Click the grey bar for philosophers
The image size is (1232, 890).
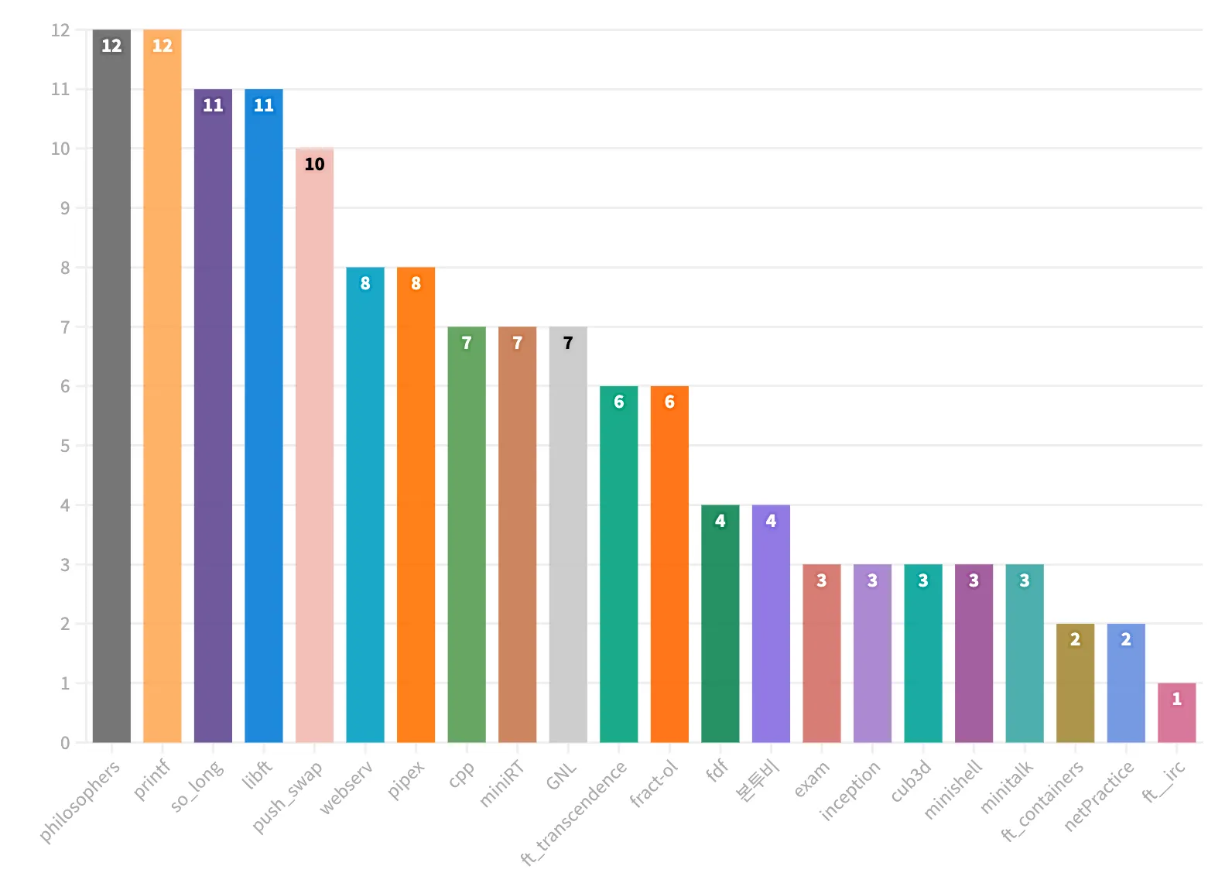pos(111,387)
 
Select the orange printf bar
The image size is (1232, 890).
pos(163,387)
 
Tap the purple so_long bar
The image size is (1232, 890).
pos(213,418)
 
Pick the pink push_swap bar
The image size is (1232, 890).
pos(314,449)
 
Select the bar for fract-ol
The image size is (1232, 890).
pos(669,565)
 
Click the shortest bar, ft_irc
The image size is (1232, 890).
pos(1176,716)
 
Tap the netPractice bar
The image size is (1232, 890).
pos(1126,685)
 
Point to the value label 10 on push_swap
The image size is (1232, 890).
pos(314,164)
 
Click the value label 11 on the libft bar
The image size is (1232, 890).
pos(264,105)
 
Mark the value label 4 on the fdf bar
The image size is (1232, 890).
pos(720,521)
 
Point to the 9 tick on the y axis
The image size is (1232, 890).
pos(65,208)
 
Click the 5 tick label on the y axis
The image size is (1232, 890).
pos(65,446)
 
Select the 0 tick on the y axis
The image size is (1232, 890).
pos(65,743)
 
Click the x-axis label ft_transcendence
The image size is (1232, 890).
pos(574,813)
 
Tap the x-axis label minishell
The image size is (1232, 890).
pos(953,789)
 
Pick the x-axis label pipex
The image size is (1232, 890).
pos(406,780)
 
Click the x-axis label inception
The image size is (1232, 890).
pos(850,790)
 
